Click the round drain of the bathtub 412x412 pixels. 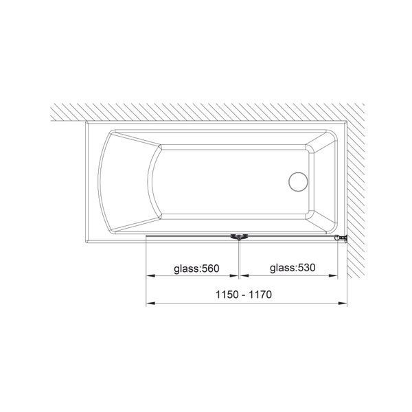click(298, 182)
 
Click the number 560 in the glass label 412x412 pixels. click(211, 268)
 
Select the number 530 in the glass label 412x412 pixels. click(306, 268)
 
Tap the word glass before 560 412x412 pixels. click(187, 269)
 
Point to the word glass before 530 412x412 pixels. click(282, 268)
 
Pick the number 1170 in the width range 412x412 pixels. click(260, 295)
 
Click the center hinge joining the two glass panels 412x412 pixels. click(239, 237)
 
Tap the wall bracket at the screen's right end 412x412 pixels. click(341, 238)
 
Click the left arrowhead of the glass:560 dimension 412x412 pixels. click(150, 275)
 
